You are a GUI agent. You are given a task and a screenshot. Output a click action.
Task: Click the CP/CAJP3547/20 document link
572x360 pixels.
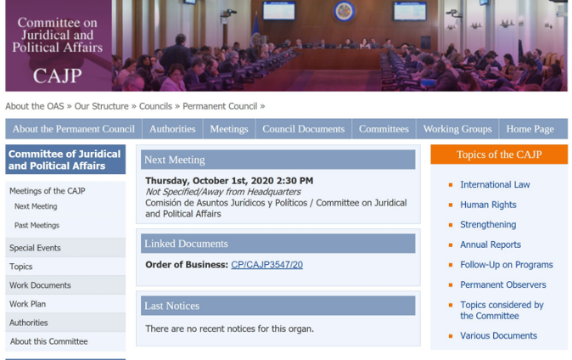pyautogui.click(x=266, y=265)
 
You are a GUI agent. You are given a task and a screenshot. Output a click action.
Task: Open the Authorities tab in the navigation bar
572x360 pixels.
pyautogui.click(x=172, y=129)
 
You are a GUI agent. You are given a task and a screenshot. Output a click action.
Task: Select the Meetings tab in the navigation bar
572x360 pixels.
pyautogui.click(x=229, y=129)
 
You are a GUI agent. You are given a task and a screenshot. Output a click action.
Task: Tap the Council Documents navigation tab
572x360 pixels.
pyautogui.click(x=304, y=129)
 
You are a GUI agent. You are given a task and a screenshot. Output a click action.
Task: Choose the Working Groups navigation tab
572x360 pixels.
pyautogui.click(x=457, y=129)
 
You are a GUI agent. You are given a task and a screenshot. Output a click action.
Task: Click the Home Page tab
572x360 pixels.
pyautogui.click(x=530, y=129)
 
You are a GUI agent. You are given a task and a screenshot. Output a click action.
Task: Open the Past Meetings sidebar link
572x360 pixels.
pyautogui.click(x=36, y=225)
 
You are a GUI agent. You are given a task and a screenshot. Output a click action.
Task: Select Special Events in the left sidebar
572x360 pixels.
pyautogui.click(x=35, y=248)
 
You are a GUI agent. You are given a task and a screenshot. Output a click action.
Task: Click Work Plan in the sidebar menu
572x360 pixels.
pyautogui.click(x=28, y=304)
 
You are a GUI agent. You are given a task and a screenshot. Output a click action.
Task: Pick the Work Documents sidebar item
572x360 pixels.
pyautogui.click(x=40, y=285)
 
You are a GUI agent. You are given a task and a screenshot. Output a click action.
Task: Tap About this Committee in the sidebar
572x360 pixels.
pyautogui.click(x=49, y=341)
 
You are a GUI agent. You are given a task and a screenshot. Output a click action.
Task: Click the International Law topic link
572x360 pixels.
pyautogui.click(x=495, y=185)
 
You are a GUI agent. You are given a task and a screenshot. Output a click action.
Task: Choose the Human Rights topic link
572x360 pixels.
pyautogui.click(x=489, y=205)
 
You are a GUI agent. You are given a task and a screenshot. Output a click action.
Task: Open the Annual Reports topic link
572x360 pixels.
pyautogui.click(x=491, y=245)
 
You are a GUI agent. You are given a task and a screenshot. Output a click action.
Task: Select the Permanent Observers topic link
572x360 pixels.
pyautogui.click(x=503, y=284)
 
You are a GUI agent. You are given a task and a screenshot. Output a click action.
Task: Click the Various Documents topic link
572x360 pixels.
pyautogui.click(x=499, y=335)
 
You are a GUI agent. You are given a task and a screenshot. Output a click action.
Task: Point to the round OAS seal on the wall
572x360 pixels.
pyautogui.click(x=344, y=11)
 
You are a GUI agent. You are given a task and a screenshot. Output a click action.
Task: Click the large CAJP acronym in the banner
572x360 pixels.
pyautogui.click(x=58, y=76)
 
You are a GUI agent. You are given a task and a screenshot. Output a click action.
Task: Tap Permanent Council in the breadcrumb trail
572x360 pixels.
pyautogui.click(x=220, y=106)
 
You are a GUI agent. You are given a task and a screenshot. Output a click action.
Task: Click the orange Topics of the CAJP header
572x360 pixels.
pyautogui.click(x=499, y=155)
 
